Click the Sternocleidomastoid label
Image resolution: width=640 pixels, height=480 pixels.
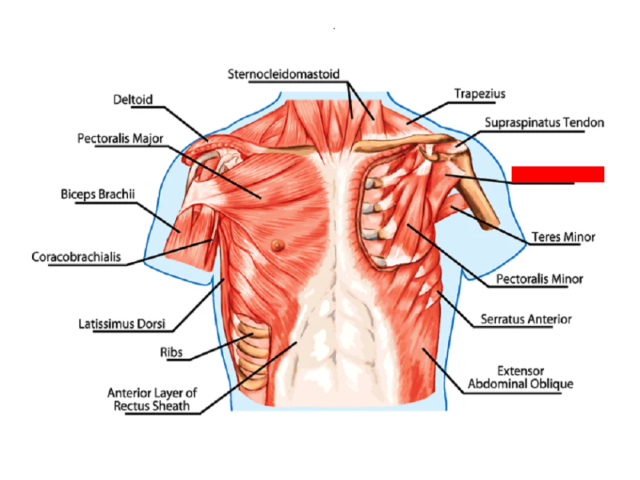[283, 74]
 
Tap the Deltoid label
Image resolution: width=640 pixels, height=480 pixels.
[133, 100]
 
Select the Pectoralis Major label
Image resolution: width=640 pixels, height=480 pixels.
[120, 139]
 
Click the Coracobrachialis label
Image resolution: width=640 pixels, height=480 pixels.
[76, 257]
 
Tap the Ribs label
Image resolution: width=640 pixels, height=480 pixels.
[171, 351]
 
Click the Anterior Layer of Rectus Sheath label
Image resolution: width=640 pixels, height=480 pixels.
[152, 399]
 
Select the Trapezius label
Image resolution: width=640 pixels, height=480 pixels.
[479, 94]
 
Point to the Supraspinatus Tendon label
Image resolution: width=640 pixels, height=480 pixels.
[544, 123]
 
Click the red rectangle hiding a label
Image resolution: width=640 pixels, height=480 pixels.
[557, 174]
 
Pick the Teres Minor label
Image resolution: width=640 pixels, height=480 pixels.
[563, 237]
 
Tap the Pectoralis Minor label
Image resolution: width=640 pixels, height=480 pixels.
[539, 279]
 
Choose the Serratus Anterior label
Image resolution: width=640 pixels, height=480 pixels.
[526, 319]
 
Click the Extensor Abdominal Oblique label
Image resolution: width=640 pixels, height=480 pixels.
[520, 377]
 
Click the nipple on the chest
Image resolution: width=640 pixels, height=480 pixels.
[278, 245]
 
